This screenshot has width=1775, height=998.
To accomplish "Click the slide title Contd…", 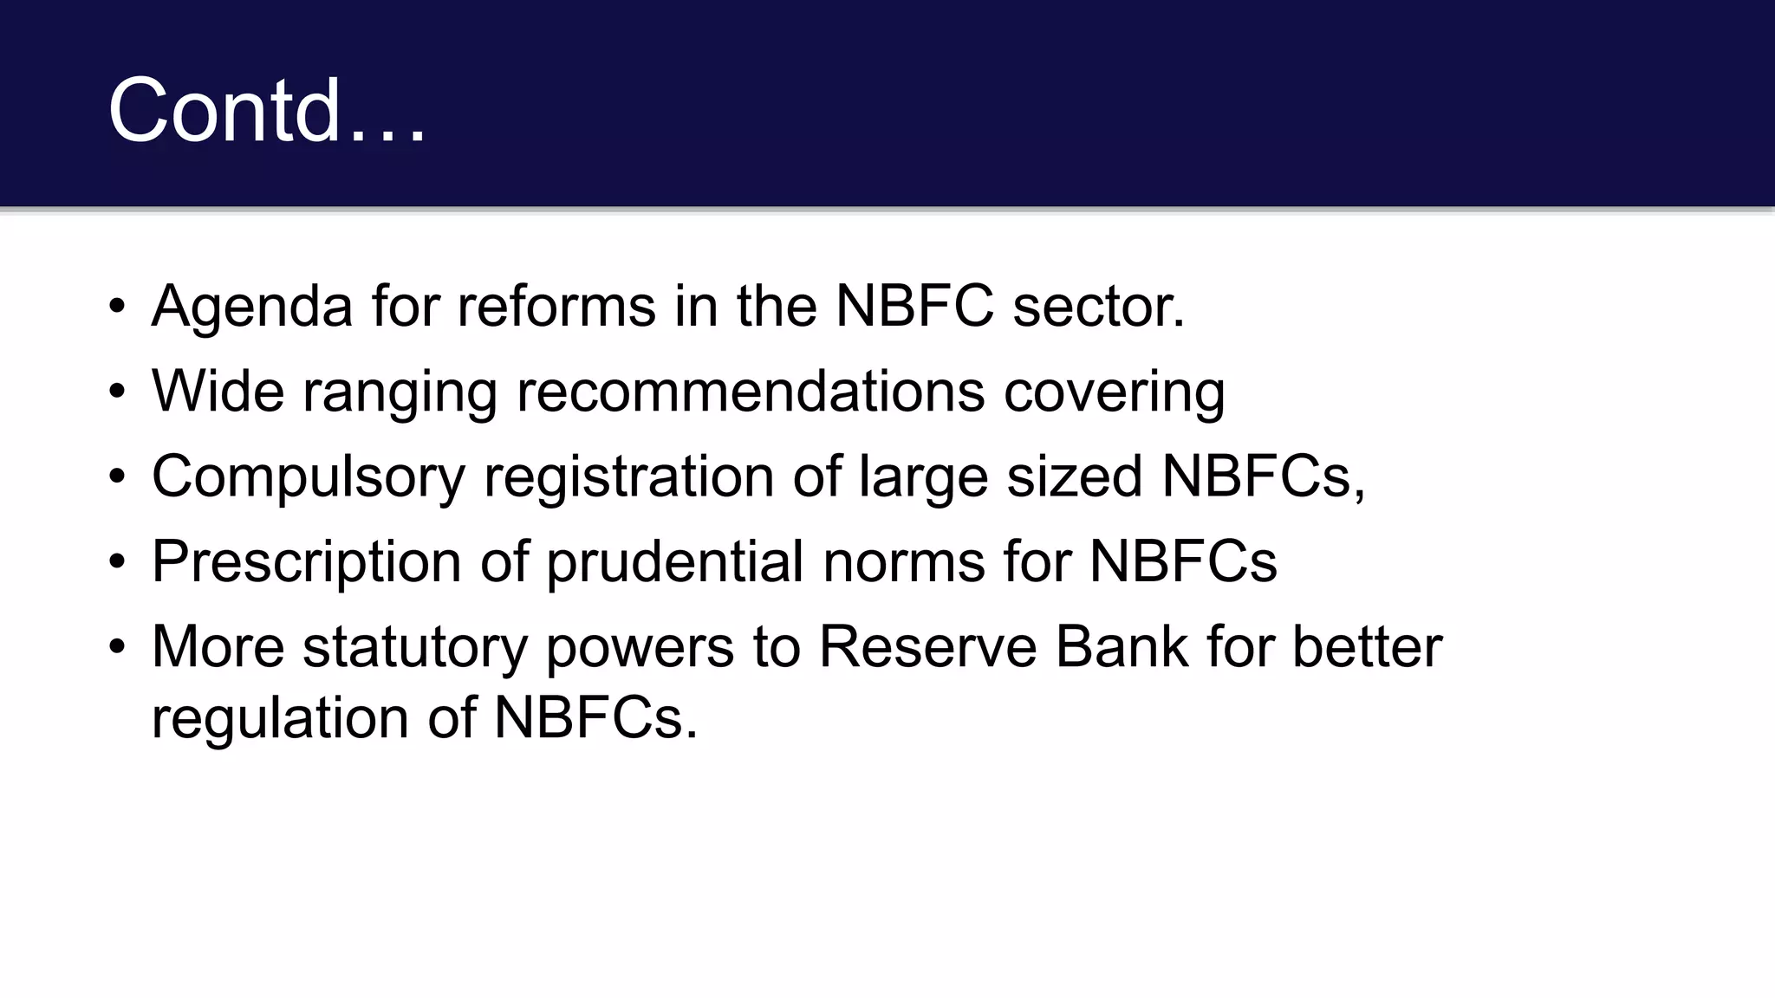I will (x=267, y=111).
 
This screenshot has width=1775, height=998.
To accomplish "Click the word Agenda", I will (x=252, y=307).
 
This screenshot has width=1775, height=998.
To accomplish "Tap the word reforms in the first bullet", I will (x=556, y=307).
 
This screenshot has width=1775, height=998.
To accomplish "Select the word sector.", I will (x=1098, y=307).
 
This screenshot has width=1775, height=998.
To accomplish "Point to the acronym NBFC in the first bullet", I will (x=914, y=307).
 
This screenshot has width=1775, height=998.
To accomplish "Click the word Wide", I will (x=218, y=391).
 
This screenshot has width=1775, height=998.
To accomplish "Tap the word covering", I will (x=1115, y=392).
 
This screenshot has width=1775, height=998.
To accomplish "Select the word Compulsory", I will (x=308, y=477).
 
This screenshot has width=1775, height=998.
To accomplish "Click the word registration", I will (x=628, y=477).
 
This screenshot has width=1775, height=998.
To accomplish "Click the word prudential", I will (x=675, y=562).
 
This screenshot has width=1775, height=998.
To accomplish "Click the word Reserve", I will (x=927, y=646).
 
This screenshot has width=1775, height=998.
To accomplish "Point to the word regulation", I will (x=280, y=719).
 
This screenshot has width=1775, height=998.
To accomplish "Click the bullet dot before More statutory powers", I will (x=118, y=646).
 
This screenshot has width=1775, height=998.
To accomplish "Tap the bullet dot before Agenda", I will (x=118, y=307).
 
